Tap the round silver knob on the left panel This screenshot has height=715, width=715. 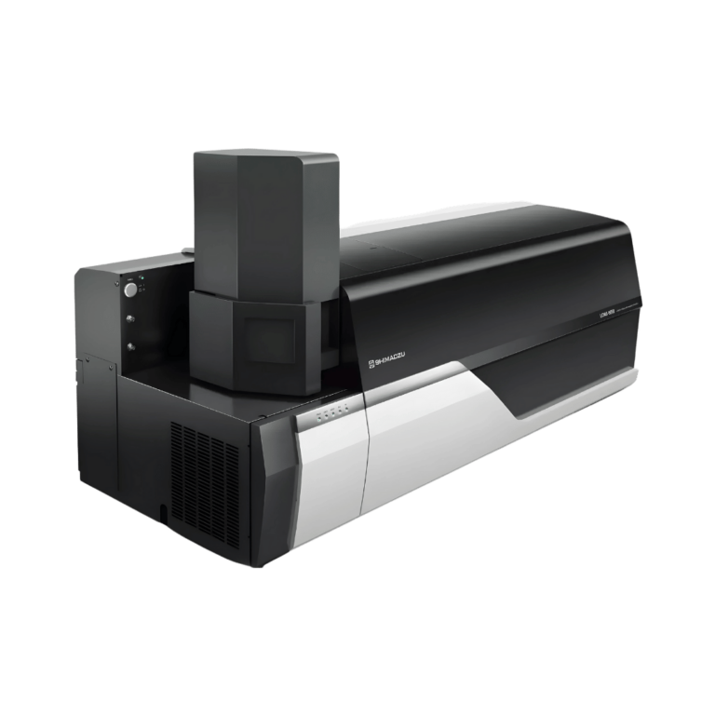[x=130, y=290]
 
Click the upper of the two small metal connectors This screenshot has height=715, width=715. [x=129, y=318]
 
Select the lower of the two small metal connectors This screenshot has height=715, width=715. [x=129, y=346]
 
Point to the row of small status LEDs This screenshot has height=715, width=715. [x=331, y=411]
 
